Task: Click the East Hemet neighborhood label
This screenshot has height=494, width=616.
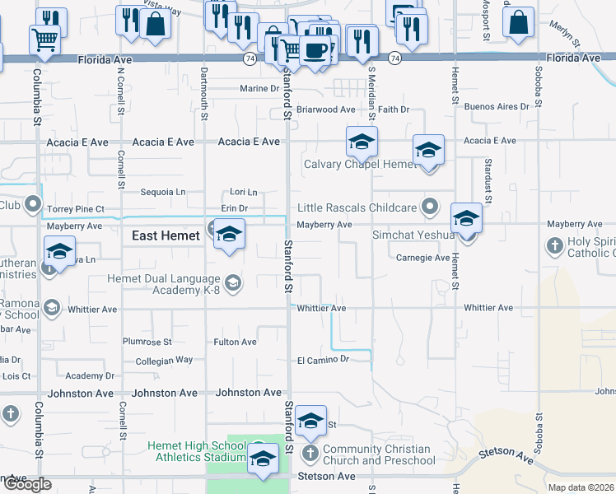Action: coord(166,235)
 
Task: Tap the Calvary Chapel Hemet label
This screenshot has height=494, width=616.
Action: coord(361,164)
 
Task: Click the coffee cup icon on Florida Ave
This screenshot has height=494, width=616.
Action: coord(315,49)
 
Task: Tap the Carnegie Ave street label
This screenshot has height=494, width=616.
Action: coord(422,258)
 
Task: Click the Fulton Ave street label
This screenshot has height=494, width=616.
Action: coord(236,342)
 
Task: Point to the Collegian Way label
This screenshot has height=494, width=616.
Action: coord(164,360)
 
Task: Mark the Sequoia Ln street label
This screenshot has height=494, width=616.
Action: coord(163,192)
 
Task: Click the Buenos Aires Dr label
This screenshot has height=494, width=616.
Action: coord(497,107)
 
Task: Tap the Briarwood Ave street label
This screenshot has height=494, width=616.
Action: coord(325,110)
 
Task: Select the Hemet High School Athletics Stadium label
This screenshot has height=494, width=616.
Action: coord(197,451)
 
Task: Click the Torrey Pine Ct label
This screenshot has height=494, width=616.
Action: coord(76,209)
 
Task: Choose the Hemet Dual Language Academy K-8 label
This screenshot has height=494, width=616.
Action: coord(164,285)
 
